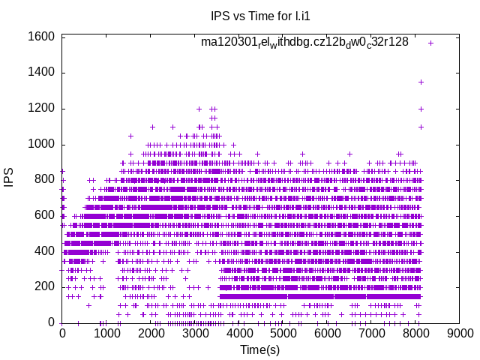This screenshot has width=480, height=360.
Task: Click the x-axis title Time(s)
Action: (x=259, y=349)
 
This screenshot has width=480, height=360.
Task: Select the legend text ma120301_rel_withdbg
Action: (x=304, y=42)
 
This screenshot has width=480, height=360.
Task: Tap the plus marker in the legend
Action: (x=430, y=43)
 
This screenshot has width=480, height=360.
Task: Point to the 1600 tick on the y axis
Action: (x=42, y=37)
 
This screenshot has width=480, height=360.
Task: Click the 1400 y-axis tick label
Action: (x=42, y=73)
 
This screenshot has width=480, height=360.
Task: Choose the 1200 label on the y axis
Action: (x=42, y=109)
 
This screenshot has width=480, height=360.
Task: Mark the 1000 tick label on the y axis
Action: (x=42, y=145)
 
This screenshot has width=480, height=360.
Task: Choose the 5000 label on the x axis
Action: (x=283, y=334)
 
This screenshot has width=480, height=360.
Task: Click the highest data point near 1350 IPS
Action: (x=421, y=82)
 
